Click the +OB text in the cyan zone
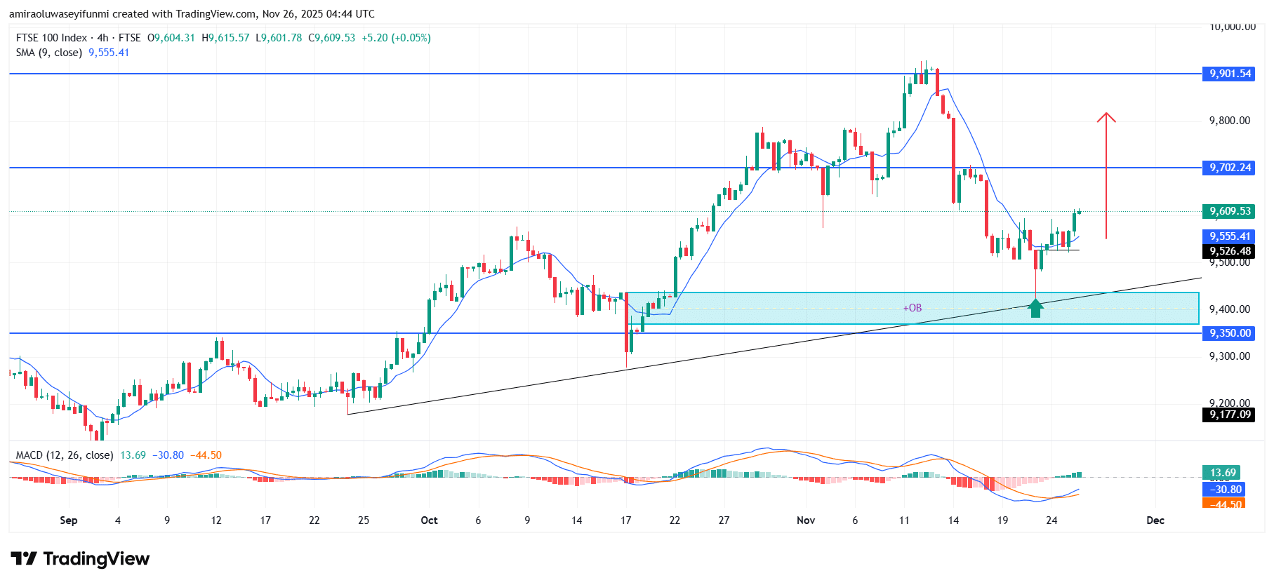click(x=912, y=308)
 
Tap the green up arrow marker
click(x=1035, y=308)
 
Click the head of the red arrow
click(x=1106, y=116)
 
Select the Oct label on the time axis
click(x=429, y=520)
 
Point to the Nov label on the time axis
click(x=806, y=520)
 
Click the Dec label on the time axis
click(x=1155, y=520)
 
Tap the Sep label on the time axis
click(x=69, y=520)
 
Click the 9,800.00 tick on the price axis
click(x=1229, y=121)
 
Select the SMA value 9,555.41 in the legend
click(x=109, y=53)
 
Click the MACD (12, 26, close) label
click(x=65, y=455)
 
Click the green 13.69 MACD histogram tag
click(x=1223, y=473)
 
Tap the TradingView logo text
click(x=95, y=559)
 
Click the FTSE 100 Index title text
click(x=51, y=38)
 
